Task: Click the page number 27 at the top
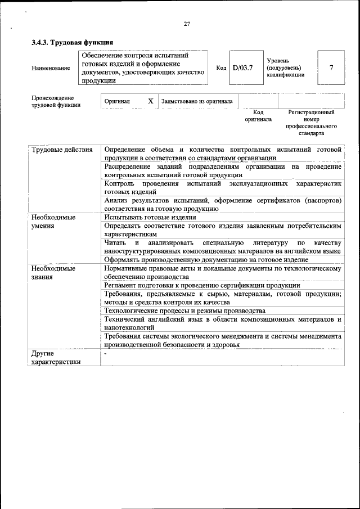187,24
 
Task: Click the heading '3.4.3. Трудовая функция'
73,42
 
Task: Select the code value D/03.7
243,68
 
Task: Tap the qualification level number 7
331,68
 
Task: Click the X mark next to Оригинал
150,101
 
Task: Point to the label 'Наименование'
51,68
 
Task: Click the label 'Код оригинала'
258,116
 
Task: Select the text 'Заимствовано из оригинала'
197,101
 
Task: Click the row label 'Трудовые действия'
62,150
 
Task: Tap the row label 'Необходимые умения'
54,221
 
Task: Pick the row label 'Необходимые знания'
54,273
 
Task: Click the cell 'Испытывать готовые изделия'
150,217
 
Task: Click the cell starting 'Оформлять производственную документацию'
206,259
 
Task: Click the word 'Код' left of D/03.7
221,68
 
